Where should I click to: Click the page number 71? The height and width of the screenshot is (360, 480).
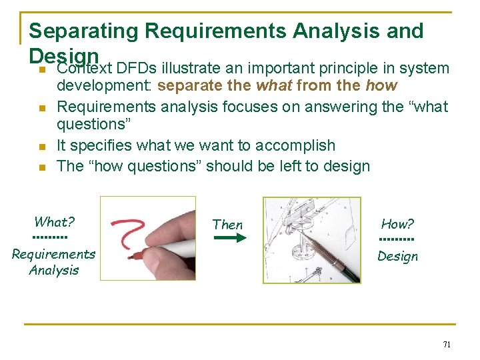click(447, 345)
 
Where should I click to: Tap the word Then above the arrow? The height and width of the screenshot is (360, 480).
click(227, 225)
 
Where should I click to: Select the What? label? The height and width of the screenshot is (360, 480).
click(54, 222)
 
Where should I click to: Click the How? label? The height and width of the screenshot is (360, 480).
click(397, 224)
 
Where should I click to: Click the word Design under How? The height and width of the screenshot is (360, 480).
click(397, 256)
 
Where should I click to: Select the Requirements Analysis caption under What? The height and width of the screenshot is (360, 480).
click(53, 262)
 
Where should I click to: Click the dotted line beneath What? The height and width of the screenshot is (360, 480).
click(50, 237)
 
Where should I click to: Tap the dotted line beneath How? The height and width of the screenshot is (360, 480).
click(397, 240)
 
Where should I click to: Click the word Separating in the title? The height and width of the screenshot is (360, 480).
click(84, 31)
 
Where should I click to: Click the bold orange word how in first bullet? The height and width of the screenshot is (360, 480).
click(381, 86)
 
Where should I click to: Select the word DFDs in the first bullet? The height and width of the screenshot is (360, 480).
click(135, 69)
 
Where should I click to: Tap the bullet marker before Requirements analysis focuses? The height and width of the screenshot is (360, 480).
click(41, 108)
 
